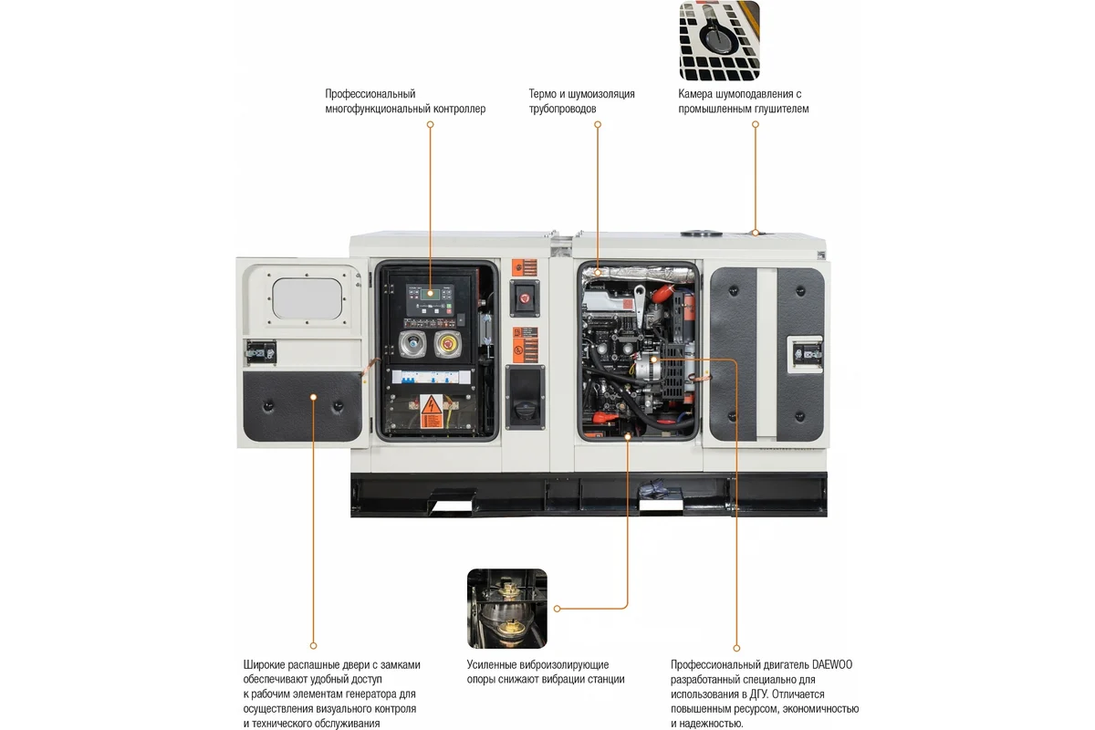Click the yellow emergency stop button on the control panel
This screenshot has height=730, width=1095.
click(447, 344)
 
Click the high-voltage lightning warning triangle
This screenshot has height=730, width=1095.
click(431, 405)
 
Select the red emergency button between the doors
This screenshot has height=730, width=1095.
click(525, 297)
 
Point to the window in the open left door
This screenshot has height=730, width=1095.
click(307, 298)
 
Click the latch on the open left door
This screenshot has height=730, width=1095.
click(261, 352)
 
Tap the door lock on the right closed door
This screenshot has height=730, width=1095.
click(807, 353)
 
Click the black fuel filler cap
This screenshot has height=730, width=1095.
click(525, 409)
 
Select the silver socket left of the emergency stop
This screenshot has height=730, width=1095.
click(413, 343)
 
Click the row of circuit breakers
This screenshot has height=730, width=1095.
click(431, 377)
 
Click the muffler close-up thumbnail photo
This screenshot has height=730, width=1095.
click(720, 40)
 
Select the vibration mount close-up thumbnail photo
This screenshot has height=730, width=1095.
click(507, 609)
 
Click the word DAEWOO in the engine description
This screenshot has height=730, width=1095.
click(832, 664)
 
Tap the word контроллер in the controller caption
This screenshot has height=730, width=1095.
click(460, 109)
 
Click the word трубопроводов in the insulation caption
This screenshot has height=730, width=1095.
click(562, 109)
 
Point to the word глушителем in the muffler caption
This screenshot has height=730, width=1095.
click(781, 109)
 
